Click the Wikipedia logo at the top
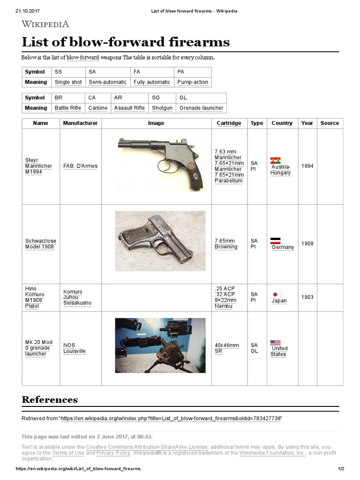pyautogui.click(x=45, y=24)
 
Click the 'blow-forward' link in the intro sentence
pyautogui.click(x=83, y=57)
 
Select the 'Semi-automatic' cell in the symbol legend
pyautogui.click(x=107, y=82)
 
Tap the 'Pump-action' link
pyautogui.click(x=193, y=82)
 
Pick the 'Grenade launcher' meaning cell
pyautogui.click(x=201, y=108)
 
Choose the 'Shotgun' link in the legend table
pyautogui.click(x=162, y=108)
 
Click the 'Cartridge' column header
pyautogui.click(x=229, y=123)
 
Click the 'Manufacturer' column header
pyautogui.click(x=80, y=123)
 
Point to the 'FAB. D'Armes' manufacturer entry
pyautogui.click(x=80, y=166)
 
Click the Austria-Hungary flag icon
pyautogui.click(x=276, y=161)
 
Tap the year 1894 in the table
pyautogui.click(x=307, y=166)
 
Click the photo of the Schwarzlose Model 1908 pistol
pyautogui.click(x=160, y=241)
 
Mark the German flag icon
pyautogui.click(x=276, y=241)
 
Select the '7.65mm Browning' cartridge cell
pyautogui.click(x=226, y=244)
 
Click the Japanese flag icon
pyautogui.click(x=276, y=294)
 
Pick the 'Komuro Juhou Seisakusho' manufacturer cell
pyautogui.click(x=77, y=297)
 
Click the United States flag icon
pyautogui.click(x=276, y=343)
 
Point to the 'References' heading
pyautogui.click(x=50, y=400)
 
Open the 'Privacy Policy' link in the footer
pyautogui.click(x=113, y=453)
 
